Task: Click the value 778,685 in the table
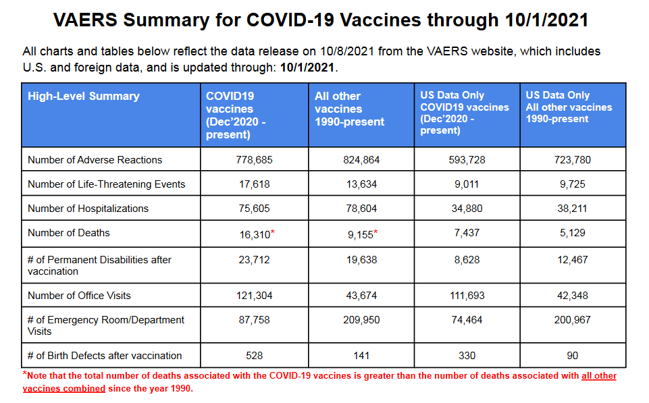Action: [254, 160]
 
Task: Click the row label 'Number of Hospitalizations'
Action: [88, 209]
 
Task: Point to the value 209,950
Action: [361, 320]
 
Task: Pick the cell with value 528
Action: [254, 356]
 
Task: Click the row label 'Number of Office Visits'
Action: [79, 296]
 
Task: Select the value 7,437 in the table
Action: [467, 233]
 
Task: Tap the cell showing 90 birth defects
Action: [573, 356]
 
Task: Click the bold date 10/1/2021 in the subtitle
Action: [307, 68]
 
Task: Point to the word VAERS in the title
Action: [85, 20]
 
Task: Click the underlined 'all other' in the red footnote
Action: [599, 376]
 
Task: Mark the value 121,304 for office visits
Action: [254, 296]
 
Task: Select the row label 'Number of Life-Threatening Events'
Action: [107, 184]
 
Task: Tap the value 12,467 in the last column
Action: [573, 260]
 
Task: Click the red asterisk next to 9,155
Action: [375, 232]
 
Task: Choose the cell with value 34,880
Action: [467, 209]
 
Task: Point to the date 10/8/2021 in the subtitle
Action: [347, 51]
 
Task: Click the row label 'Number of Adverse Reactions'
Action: [95, 160]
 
